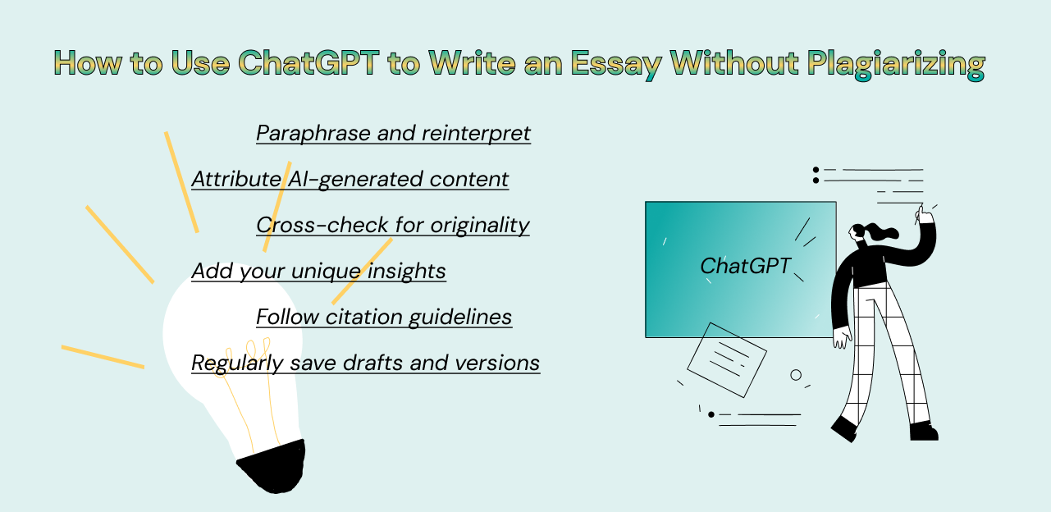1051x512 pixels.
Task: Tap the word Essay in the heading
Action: click(616, 64)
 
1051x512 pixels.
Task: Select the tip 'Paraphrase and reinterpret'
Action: click(393, 133)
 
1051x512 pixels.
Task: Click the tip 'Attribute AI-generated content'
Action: click(350, 179)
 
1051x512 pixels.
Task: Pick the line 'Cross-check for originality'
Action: click(393, 226)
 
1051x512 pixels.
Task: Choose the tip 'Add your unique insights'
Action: click(318, 272)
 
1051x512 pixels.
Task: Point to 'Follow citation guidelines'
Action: click(384, 317)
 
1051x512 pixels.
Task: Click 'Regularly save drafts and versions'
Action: click(365, 363)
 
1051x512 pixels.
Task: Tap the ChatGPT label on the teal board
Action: click(745, 266)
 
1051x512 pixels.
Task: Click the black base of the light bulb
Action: click(273, 467)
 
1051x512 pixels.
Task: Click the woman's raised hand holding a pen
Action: click(925, 215)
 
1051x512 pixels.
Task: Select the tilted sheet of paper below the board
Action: click(727, 360)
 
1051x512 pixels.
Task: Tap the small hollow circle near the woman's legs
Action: click(796, 375)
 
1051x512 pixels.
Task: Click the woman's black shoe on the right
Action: click(924, 431)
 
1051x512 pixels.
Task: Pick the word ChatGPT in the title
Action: click(308, 62)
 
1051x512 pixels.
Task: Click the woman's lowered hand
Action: click(842, 338)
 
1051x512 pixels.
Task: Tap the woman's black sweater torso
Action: click(868, 266)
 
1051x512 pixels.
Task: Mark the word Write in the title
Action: click(473, 62)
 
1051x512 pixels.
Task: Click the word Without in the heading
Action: click(734, 62)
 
